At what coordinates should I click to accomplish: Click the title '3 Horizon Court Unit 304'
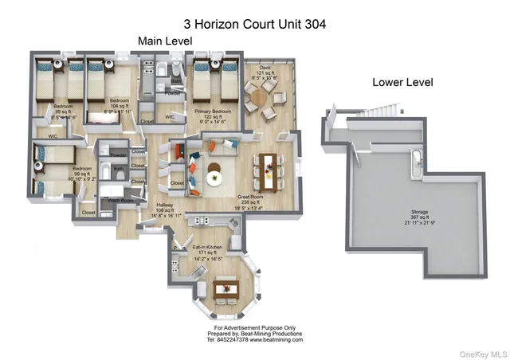(x=255, y=24)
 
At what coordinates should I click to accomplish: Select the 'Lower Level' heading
(x=402, y=83)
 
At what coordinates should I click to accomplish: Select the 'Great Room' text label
(x=250, y=196)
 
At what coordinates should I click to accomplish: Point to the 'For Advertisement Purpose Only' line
(x=255, y=327)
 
